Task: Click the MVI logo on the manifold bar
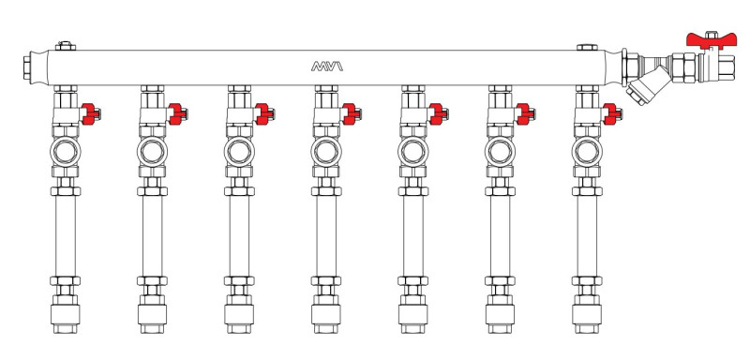pos(327,67)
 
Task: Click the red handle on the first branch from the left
pos(90,114)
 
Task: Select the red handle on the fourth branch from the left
pos(351,114)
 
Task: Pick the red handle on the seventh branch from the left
pos(612,114)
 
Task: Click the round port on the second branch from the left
pos(152,152)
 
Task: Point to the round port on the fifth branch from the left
pos(412,152)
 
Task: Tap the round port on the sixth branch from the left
pos(500,152)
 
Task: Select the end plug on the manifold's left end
pos(28,67)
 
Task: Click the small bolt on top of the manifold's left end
pos(66,46)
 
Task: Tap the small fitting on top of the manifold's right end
pos(587,47)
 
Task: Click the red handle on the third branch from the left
pos(264,114)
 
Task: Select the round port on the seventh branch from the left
pos(587,152)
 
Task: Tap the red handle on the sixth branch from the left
pos(525,114)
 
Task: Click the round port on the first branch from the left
pos(66,152)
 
